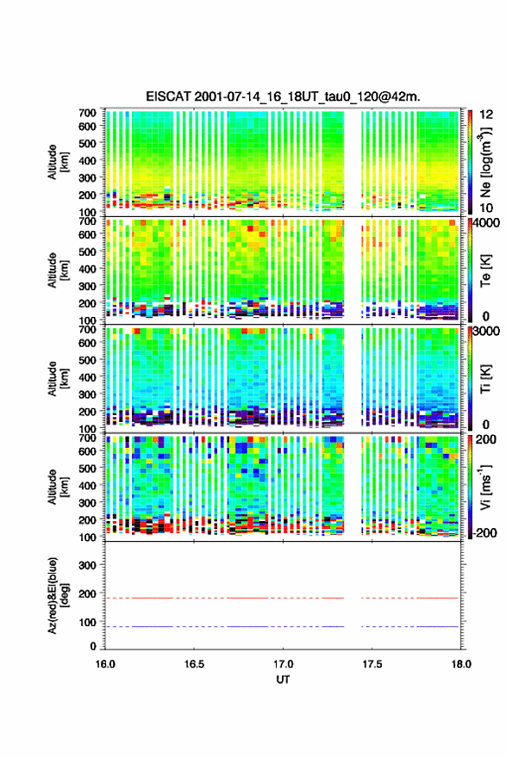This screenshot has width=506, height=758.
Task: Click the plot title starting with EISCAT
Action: [283, 96]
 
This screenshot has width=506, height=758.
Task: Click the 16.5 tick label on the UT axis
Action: [194, 664]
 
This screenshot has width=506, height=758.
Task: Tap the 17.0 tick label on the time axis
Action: [283, 664]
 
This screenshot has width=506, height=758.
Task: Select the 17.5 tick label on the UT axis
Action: [372, 664]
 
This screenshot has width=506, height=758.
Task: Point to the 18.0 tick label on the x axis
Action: [461, 664]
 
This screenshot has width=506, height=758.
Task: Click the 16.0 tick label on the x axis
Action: [105, 664]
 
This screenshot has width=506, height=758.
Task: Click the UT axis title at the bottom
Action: [283, 680]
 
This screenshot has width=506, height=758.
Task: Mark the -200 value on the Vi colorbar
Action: [485, 532]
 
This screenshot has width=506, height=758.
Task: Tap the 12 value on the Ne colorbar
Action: [486, 115]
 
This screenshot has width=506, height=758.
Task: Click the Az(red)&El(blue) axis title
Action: [59, 595]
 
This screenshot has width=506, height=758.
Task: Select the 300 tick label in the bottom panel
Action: [88, 565]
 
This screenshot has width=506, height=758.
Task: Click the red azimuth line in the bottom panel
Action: [282, 598]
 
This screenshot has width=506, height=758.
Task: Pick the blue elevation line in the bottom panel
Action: [282, 626]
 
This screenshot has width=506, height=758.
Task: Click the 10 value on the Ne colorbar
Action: [486, 208]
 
